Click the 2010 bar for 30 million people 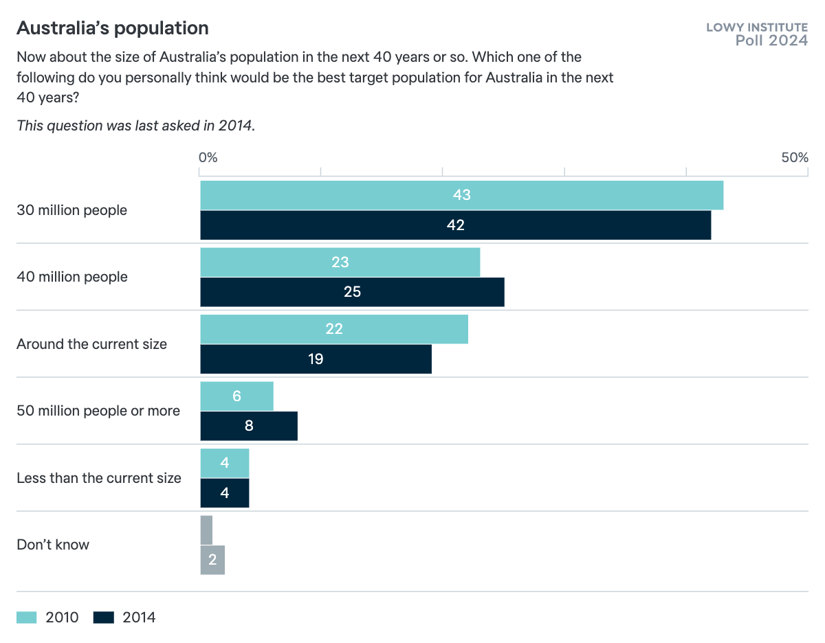(x=461, y=195)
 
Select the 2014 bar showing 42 (x=455, y=225)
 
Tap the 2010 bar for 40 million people (x=340, y=262)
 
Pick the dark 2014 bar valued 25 (x=352, y=292)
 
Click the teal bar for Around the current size (x=334, y=329)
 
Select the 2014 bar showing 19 (x=316, y=359)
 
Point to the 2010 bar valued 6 (x=236, y=396)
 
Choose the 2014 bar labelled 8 (x=249, y=426)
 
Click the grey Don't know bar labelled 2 (x=212, y=560)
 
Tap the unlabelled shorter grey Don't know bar (x=206, y=530)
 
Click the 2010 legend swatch (x=27, y=618)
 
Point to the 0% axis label (x=208, y=157)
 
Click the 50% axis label (x=794, y=157)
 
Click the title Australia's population (x=113, y=28)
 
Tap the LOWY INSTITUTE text (x=757, y=27)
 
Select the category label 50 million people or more (x=98, y=411)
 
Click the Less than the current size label (x=99, y=478)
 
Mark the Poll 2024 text (x=771, y=41)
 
